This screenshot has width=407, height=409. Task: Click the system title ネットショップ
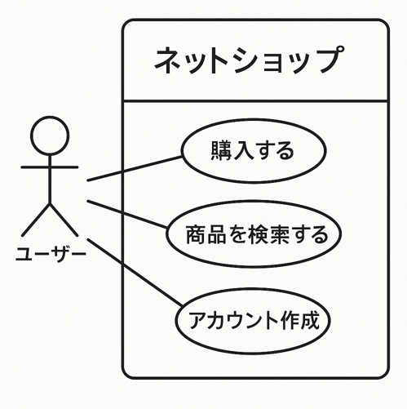(x=249, y=60)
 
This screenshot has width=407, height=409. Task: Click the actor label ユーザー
(x=51, y=254)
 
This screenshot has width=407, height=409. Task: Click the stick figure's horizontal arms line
(x=50, y=167)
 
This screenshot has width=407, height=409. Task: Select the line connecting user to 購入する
(x=135, y=168)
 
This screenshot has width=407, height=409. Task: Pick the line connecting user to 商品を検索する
(x=127, y=214)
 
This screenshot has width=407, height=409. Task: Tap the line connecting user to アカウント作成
(x=135, y=272)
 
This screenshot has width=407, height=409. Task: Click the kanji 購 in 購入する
(x=222, y=150)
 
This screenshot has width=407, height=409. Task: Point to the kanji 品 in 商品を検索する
(x=216, y=234)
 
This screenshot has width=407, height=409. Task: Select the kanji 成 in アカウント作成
(x=308, y=320)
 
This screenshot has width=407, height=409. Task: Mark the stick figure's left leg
(x=36, y=220)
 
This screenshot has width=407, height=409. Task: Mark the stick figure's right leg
(x=64, y=220)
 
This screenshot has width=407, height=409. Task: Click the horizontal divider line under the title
(x=255, y=100)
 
